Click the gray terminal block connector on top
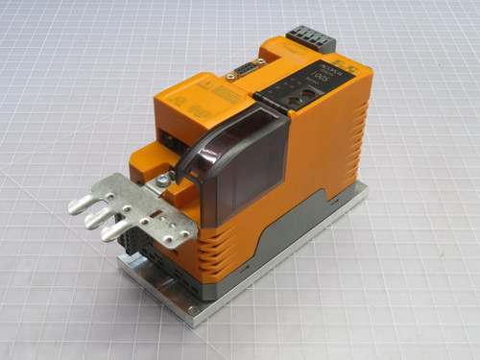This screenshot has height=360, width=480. (314, 39)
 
